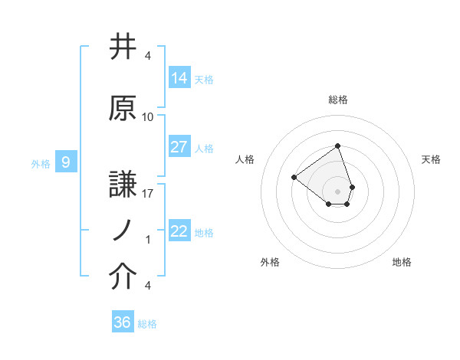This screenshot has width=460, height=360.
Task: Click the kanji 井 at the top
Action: [x=123, y=48]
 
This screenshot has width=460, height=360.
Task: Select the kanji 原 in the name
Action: [x=123, y=109]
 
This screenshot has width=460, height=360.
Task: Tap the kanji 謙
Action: [x=123, y=185]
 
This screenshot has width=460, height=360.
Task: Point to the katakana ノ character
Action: [x=123, y=231]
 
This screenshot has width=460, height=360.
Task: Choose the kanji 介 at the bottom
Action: [x=123, y=277]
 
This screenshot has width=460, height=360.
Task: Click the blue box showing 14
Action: [x=179, y=78]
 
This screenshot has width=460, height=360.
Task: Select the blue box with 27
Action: [x=179, y=147]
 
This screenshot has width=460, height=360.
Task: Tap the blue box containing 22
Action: [x=179, y=231]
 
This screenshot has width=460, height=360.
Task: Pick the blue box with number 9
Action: [x=67, y=162]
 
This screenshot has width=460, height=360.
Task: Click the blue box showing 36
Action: [x=123, y=322]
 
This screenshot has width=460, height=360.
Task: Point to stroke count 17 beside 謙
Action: [x=148, y=194]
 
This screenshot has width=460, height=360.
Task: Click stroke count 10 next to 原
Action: [x=148, y=117]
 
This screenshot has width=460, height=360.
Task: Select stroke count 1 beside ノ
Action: [x=148, y=240]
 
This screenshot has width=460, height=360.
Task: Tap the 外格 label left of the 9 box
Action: [x=41, y=163]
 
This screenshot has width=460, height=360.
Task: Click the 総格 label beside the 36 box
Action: [x=147, y=324]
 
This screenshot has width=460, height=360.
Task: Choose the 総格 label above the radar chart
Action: [x=338, y=100]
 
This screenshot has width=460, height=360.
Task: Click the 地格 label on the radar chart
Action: [x=402, y=263]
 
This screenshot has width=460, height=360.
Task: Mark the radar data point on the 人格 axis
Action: [x=294, y=177]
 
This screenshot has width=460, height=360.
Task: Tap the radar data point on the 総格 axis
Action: [x=338, y=146]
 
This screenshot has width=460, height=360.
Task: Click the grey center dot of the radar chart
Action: [x=338, y=191]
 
